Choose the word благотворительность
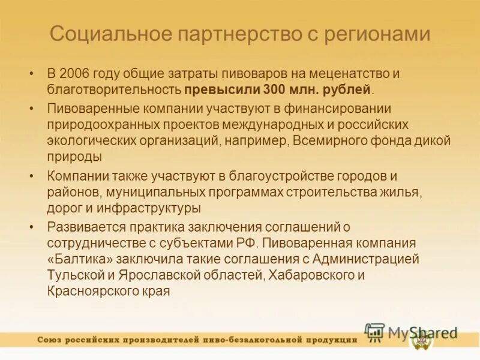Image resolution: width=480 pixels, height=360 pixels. click(114, 90)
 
